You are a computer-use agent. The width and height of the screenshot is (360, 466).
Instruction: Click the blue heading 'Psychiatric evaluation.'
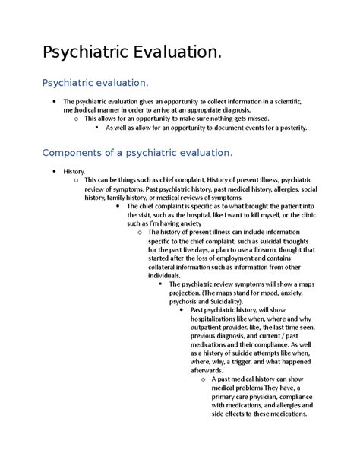point(96,81)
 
